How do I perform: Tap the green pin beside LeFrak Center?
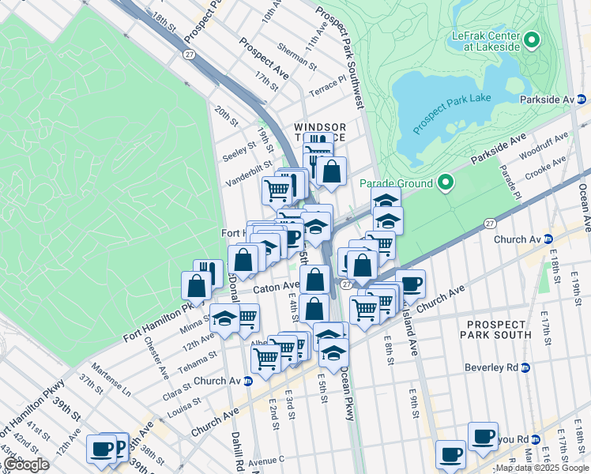point(531,39)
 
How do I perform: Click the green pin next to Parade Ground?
point(446,183)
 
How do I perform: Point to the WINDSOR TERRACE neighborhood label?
point(320,132)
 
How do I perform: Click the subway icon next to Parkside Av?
point(582,100)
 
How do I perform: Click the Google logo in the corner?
point(26,465)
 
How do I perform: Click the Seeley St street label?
point(239,148)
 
